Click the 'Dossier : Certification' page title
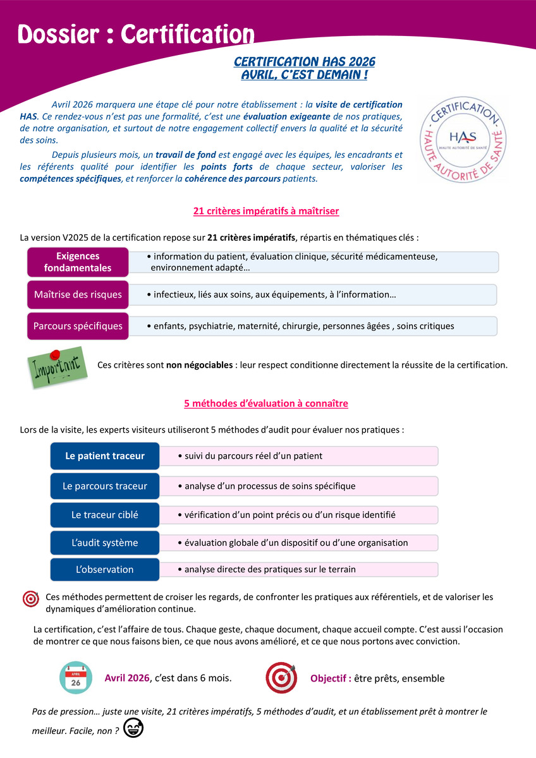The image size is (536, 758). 136,35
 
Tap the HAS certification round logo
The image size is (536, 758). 463,138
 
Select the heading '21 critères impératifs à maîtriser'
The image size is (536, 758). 266,211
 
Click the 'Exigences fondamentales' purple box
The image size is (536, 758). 78,262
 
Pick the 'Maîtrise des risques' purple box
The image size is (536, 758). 78,294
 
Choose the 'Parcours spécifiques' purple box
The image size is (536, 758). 78,326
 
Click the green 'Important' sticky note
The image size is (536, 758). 56,368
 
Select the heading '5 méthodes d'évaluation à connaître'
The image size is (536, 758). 266,403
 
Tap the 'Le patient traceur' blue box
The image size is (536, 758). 105,456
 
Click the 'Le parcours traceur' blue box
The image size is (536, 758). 105,486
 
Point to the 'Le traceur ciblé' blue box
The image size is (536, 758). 105,515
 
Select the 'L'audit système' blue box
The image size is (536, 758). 105,543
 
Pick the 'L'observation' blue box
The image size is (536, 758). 105,569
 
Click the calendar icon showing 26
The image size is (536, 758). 75,678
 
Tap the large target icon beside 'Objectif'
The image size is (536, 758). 281,678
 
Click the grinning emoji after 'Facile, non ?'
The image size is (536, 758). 133,728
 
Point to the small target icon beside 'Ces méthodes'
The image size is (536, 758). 30,598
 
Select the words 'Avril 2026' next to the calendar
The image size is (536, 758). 127,678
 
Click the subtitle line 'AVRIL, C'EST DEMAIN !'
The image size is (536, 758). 305,75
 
